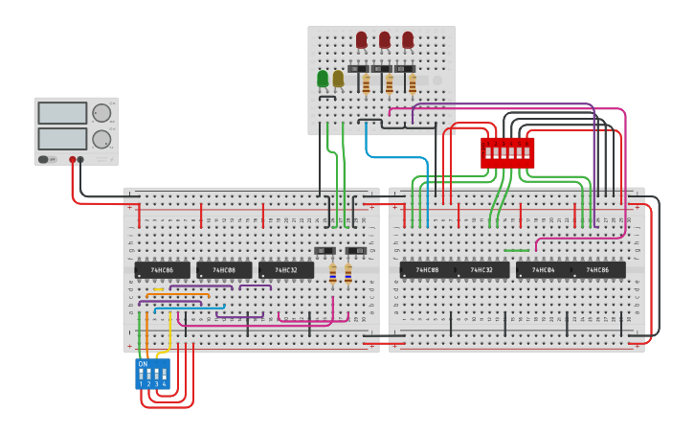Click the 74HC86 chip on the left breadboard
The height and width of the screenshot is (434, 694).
click(162, 270)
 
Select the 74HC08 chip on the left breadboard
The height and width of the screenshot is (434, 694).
click(224, 270)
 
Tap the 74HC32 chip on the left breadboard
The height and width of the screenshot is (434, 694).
click(285, 270)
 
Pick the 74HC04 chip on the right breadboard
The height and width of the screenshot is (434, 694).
click(544, 270)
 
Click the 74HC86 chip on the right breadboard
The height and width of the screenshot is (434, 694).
click(598, 270)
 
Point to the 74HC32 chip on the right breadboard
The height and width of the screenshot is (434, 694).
click(481, 270)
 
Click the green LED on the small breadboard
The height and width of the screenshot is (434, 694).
click(323, 78)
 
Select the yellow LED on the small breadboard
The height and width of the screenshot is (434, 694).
click(338, 78)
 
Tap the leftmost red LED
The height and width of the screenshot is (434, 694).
click(362, 39)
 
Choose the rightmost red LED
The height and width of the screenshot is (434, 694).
click(408, 39)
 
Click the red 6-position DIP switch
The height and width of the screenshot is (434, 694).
click(507, 152)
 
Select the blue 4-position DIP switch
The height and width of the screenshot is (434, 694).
click(152, 373)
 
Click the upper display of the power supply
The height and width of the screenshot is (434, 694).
click(62, 113)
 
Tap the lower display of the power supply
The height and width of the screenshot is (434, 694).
click(62, 138)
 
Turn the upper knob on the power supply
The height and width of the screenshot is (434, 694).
click(101, 113)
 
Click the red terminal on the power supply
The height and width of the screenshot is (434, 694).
click(72, 160)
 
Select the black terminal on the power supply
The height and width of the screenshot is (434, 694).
click(80, 160)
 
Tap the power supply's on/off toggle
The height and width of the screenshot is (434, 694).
click(44, 159)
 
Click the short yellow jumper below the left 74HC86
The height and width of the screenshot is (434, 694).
click(158, 290)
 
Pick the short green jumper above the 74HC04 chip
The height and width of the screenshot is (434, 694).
click(516, 251)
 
